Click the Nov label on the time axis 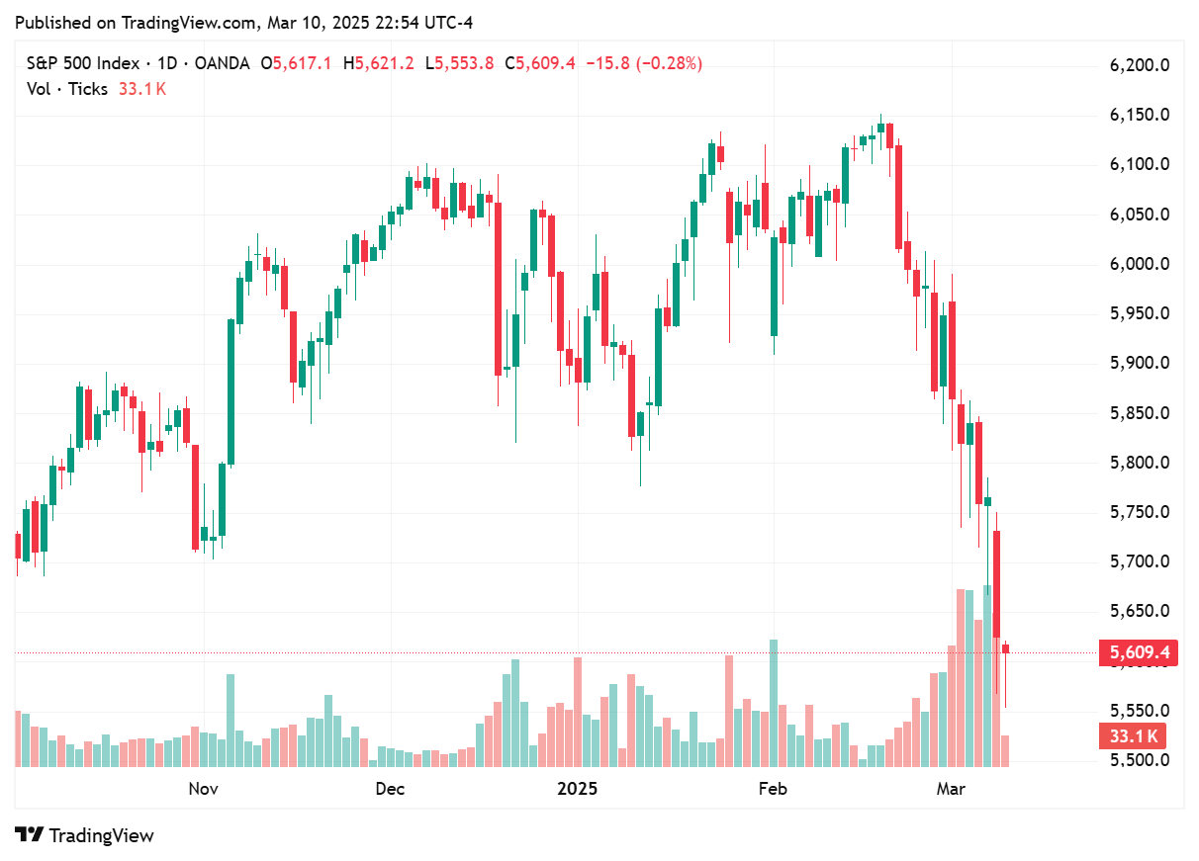pos(203,789)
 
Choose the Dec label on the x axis pos(391,789)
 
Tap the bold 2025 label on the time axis pos(578,789)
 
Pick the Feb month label pos(772,789)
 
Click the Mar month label pos(951,789)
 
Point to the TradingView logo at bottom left pos(85,835)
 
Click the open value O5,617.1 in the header pos(296,64)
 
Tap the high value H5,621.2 pos(377,64)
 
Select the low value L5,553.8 pos(459,64)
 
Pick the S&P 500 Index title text pos(82,64)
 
